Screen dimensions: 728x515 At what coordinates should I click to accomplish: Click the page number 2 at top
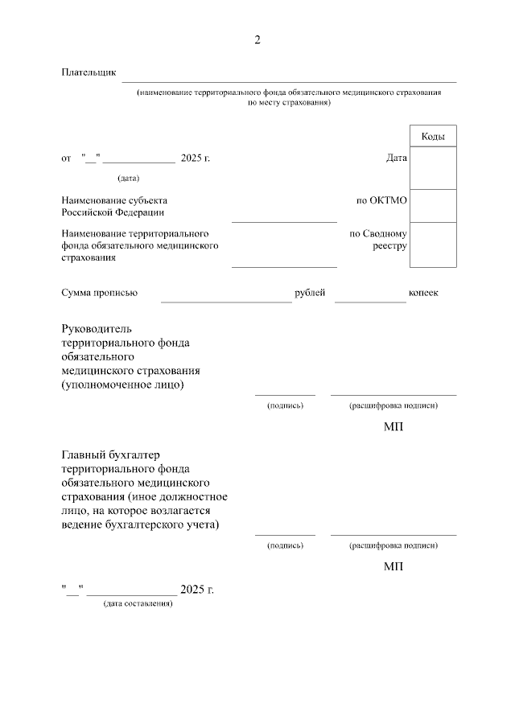point(257,40)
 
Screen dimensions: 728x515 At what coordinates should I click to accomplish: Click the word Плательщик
point(89,73)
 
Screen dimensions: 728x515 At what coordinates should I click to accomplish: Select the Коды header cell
point(433,137)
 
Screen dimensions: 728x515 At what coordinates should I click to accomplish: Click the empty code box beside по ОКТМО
point(433,206)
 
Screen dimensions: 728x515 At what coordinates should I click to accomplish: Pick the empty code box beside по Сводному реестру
point(433,245)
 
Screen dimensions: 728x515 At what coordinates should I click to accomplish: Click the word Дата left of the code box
point(397,158)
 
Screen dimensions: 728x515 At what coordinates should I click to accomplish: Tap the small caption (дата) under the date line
point(128,178)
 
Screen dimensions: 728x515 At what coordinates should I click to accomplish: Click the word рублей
point(310,293)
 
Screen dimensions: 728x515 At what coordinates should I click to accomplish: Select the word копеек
point(423,293)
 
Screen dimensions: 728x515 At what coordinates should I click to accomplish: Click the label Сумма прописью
point(99,293)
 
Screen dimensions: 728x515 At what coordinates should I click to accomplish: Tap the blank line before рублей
point(226,298)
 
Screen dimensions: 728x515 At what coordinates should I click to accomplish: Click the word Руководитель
point(96,328)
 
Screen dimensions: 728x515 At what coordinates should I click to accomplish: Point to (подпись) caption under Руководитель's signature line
point(285,405)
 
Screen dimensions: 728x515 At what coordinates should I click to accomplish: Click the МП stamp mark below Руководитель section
point(393,426)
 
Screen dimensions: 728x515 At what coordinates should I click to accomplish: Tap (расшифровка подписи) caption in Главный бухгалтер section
point(393,545)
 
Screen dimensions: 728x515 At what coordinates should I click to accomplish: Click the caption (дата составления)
point(138,604)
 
